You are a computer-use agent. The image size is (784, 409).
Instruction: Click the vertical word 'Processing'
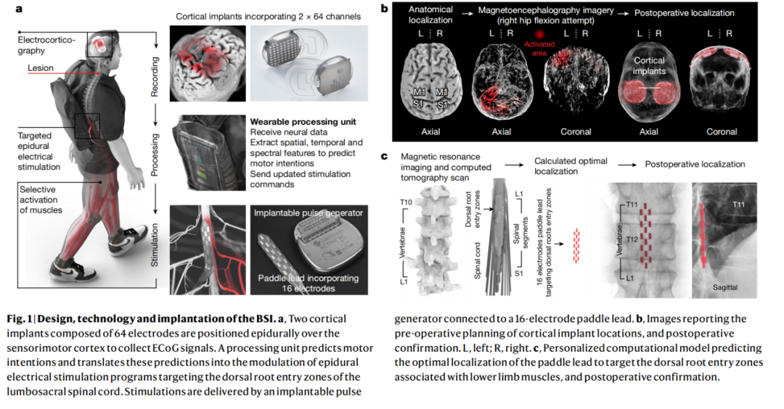point(154,153)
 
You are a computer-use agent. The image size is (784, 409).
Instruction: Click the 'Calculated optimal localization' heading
point(571,165)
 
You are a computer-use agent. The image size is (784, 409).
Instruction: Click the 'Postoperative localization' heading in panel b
point(685,13)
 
